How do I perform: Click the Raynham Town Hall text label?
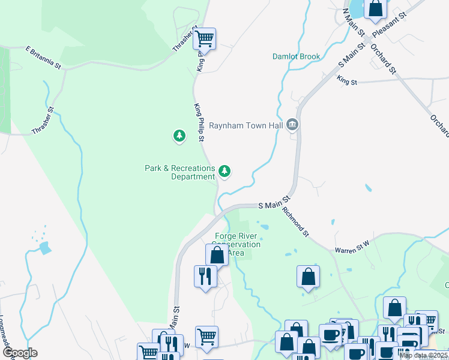[x=246, y=126]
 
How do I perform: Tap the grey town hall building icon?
[x=292, y=125]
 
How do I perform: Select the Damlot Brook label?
[x=297, y=57]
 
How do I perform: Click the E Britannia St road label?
[x=44, y=56]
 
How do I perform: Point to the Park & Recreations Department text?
[x=179, y=172]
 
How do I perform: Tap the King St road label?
[x=347, y=79]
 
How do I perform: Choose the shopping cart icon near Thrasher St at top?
[x=205, y=39]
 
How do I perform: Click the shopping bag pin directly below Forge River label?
[x=217, y=255]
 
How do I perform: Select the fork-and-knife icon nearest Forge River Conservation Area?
[x=205, y=276]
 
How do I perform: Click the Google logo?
[x=20, y=353]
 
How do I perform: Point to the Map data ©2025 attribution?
[x=424, y=355]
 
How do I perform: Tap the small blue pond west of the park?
[x=44, y=247]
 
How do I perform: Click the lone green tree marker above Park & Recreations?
[x=179, y=136]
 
